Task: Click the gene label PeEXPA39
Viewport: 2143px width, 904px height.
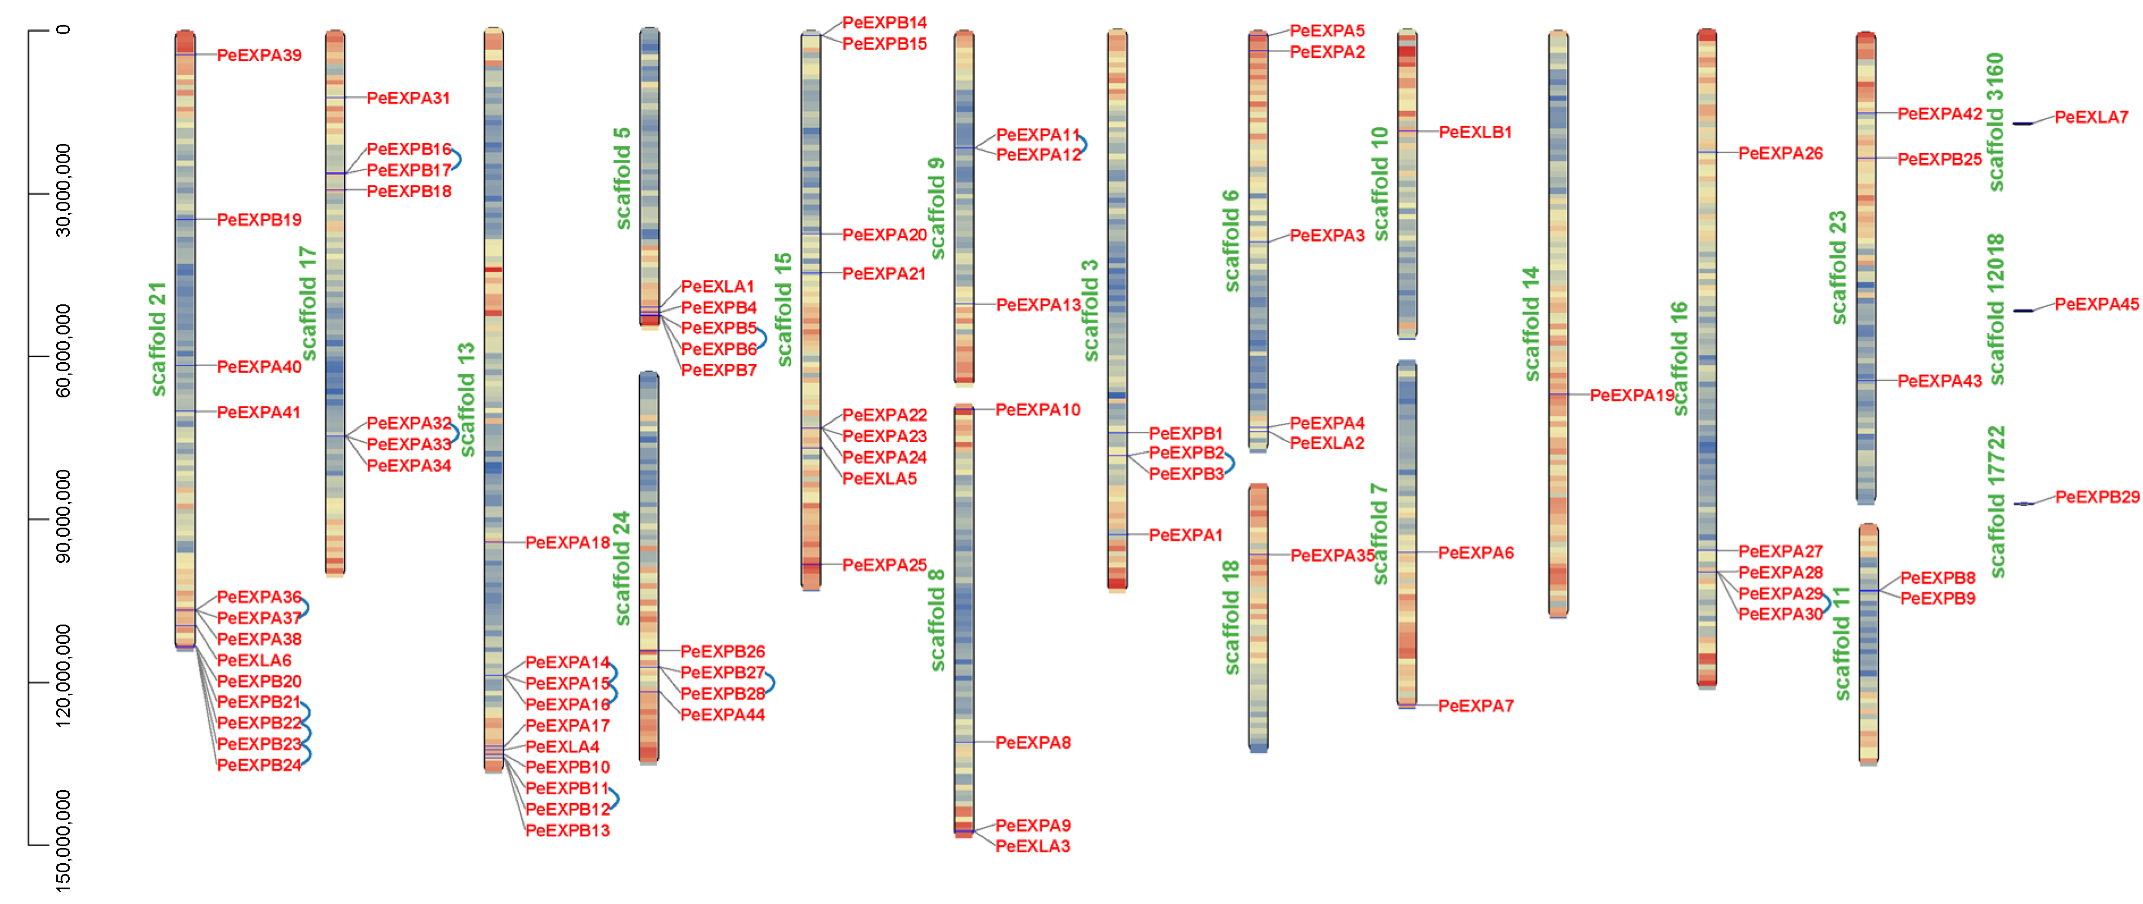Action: [259, 56]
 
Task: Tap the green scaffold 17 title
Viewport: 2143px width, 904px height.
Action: [308, 304]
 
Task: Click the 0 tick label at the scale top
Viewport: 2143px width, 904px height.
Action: [63, 30]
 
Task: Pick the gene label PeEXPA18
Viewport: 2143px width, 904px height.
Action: [567, 543]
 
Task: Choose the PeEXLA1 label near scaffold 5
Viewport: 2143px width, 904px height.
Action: [717, 287]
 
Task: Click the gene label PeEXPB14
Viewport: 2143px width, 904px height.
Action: [884, 23]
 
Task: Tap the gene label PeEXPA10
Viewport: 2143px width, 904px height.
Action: [1037, 410]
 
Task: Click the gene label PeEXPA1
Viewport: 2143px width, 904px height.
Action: [1185, 536]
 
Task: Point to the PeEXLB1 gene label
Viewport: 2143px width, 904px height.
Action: [1475, 132]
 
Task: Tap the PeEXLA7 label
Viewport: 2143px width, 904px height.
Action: [2091, 118]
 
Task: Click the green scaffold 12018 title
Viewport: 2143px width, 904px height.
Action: [1996, 309]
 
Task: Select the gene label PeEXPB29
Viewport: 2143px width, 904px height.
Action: [2097, 497]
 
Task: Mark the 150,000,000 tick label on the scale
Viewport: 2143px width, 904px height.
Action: [62, 840]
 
